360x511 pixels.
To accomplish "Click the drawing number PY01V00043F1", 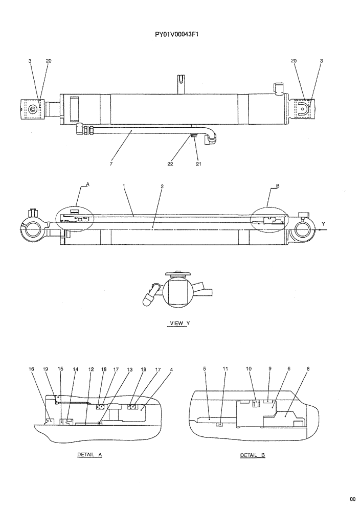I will click(176, 36).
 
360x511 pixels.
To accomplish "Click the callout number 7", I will click(111, 164).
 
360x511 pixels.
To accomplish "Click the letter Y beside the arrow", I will click(323, 223).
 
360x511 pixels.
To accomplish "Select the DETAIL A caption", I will click(89, 454).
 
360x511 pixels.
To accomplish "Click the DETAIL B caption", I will click(253, 454).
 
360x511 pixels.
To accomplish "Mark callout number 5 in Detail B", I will click(204, 368).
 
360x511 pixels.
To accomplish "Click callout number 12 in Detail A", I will click(91, 368).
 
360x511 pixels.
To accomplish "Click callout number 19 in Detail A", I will click(46, 368).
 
